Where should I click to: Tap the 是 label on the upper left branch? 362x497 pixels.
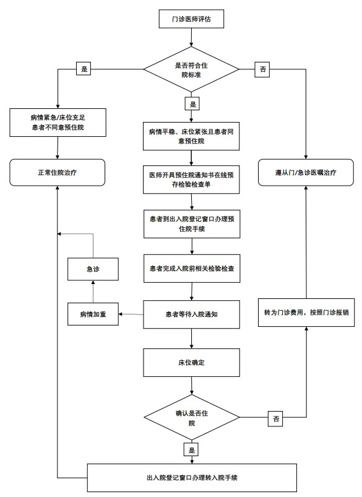[83, 69]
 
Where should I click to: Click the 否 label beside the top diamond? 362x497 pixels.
[264, 69]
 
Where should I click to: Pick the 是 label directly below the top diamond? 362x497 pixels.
[192, 103]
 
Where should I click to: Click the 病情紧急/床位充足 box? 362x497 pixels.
[57, 121]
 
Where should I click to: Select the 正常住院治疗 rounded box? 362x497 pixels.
[57, 171]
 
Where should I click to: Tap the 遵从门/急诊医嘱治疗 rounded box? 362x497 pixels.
[306, 171]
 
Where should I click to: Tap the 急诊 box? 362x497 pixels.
[93, 269]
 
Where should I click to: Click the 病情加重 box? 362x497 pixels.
[93, 314]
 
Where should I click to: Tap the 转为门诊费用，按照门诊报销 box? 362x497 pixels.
[306, 314]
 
